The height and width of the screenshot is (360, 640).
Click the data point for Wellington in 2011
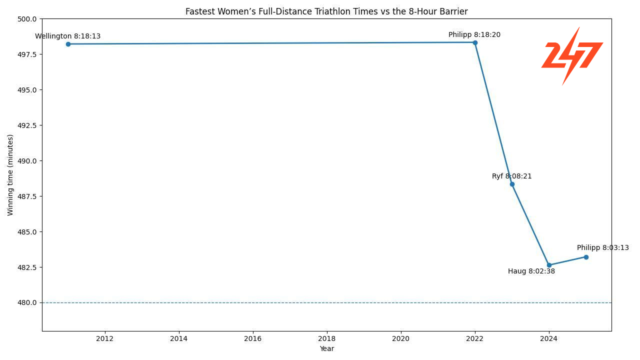[68, 44]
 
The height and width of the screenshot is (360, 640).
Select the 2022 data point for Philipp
[475, 42]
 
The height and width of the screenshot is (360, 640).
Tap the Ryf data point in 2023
[512, 184]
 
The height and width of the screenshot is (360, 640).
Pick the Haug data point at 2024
[549, 265]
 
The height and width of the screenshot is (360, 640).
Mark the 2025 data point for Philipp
[586, 257]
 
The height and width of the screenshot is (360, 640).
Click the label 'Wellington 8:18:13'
[67, 36]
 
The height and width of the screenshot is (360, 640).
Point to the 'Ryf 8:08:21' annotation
[511, 176]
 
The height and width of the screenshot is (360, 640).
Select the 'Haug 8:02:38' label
[531, 271]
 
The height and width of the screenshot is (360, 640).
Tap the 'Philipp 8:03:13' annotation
[602, 248]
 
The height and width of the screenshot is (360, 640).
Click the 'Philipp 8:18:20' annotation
[474, 35]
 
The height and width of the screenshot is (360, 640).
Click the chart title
[326, 11]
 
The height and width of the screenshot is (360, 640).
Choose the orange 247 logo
[572, 55]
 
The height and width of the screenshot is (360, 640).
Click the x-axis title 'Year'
[326, 348]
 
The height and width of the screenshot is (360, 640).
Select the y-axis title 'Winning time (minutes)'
[10, 175]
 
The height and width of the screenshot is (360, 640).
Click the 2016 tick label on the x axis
[252, 338]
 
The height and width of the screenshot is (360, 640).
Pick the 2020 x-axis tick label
[400, 338]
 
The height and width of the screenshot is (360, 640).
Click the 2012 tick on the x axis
[104, 338]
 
